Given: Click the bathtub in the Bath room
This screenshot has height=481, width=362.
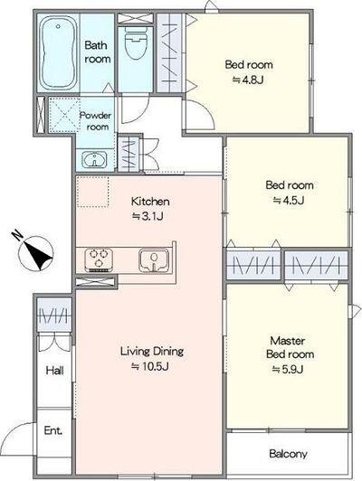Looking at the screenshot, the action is pos(58,52).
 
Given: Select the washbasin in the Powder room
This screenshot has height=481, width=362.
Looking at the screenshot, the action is pos(94,160).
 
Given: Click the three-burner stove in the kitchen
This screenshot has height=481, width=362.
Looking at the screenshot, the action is pos(99,259).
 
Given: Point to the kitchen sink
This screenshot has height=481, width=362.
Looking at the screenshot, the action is pos(154,260).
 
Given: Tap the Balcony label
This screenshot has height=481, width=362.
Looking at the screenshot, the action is pos(288,454).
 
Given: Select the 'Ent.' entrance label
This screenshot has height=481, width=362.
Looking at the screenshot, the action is pos(53,430).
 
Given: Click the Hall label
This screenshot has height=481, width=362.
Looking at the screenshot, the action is pos(54,371).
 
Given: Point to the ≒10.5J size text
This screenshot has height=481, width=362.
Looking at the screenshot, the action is pos(150,366).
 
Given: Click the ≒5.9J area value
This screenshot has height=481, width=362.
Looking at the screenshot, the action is pos(288,369).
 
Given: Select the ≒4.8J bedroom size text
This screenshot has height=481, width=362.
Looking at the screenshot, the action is pos(248,80).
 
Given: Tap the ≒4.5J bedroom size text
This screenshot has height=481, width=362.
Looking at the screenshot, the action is pos(289,201).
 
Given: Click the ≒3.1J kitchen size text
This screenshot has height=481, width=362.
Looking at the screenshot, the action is pos(148,217).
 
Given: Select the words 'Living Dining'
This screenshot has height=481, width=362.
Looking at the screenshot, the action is pos(152,351).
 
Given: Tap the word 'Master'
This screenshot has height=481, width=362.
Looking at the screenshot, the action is pos(288,341).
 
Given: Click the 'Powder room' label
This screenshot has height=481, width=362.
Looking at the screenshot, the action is pos(95,121).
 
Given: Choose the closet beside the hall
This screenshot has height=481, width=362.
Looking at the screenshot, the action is pos(54,315).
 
